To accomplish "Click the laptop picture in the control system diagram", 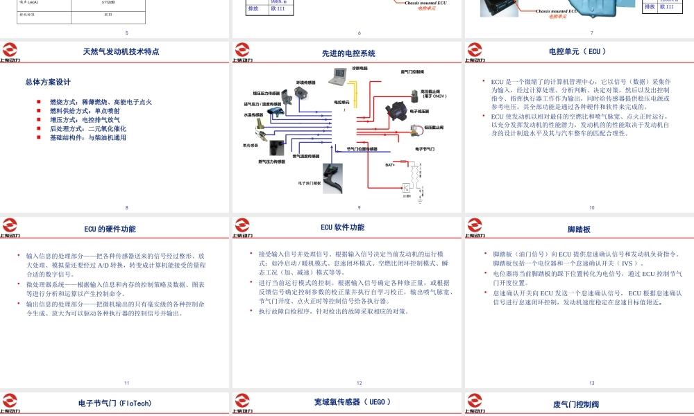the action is (341, 76).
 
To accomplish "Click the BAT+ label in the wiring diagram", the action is (390, 165).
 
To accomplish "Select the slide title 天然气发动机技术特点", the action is (121, 51).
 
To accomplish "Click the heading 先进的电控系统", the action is (348, 53).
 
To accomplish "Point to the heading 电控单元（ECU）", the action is (577, 51).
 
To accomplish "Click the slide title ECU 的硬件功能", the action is (110, 229).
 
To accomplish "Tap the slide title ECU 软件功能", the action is (342, 227).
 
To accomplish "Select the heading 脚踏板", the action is (578, 229).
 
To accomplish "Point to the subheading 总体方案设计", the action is (48, 82).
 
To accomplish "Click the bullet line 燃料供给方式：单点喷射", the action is (84, 111).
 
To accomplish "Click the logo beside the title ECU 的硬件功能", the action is (10, 227).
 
